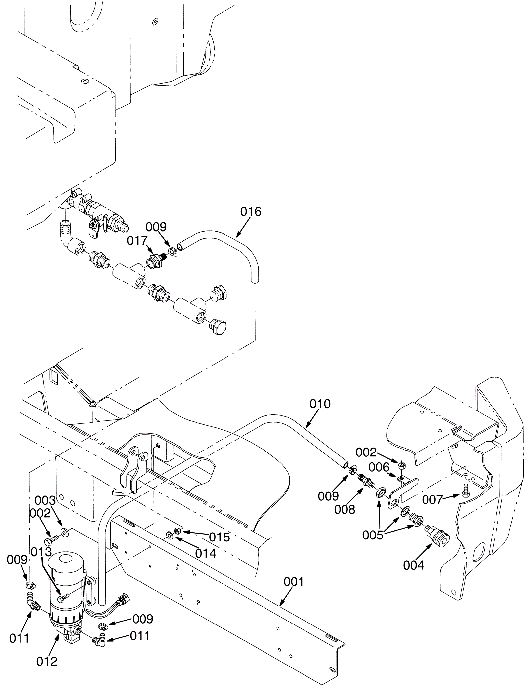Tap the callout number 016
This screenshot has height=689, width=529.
pyautogui.click(x=251, y=212)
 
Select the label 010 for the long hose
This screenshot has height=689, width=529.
pyautogui.click(x=320, y=404)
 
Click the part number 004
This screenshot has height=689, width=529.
pyautogui.click(x=413, y=566)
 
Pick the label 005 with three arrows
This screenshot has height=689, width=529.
pyautogui.click(x=373, y=535)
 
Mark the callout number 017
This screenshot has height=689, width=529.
pyautogui.click(x=137, y=241)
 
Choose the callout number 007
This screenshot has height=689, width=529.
pyautogui.click(x=442, y=500)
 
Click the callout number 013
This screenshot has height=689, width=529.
pyautogui.click(x=41, y=552)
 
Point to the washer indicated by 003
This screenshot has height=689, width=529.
pyautogui.click(x=64, y=532)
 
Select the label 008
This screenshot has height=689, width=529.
pyautogui.click(x=345, y=509)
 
